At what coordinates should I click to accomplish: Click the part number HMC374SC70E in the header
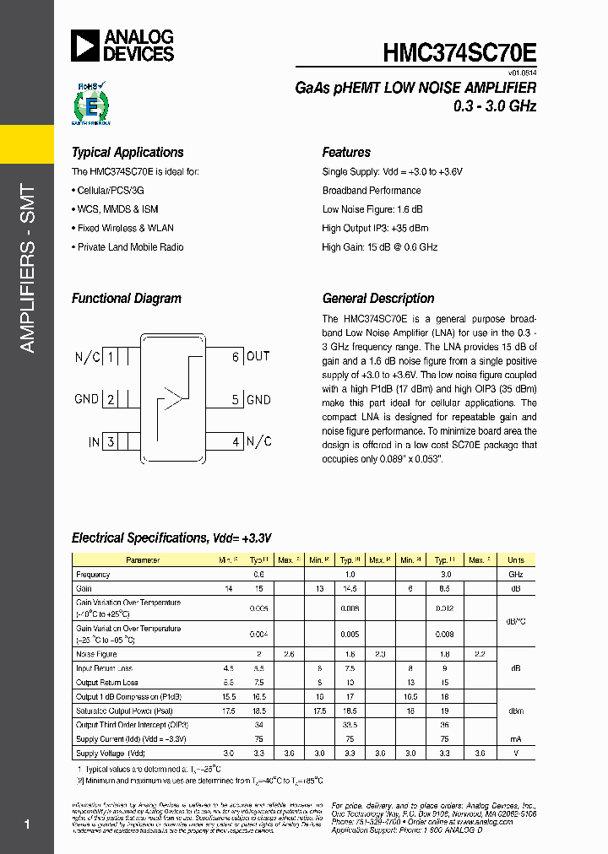coord(459,52)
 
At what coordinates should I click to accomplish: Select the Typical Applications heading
coord(128,153)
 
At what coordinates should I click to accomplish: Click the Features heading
coord(346,153)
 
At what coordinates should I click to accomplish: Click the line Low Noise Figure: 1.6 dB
coord(372,209)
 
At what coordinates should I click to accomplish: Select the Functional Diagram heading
coord(126,299)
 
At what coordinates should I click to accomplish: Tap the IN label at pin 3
coord(94,442)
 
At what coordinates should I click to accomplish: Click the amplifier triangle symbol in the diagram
coord(172,398)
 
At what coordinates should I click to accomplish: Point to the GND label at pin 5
coord(258,399)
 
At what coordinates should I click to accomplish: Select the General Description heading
coord(378,299)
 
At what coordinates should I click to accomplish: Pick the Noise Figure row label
coord(96,654)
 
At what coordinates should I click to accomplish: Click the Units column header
coord(515,560)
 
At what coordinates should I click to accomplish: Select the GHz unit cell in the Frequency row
coord(515,574)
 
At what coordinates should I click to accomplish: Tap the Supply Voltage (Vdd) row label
coord(111,753)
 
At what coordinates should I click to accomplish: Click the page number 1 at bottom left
coord(27,824)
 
